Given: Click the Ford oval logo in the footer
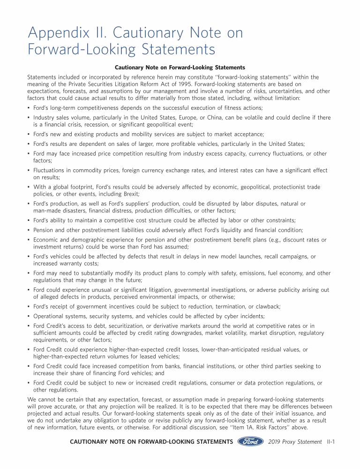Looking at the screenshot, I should point(250,441).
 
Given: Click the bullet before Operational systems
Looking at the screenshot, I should point(29,316).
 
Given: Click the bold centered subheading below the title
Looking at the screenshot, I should point(180,68).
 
